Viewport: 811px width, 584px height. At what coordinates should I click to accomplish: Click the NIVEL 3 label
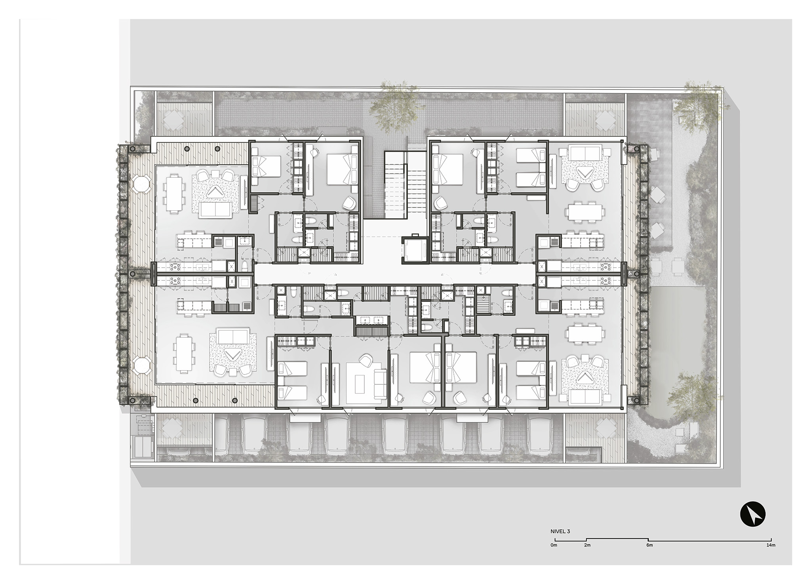pos(560,532)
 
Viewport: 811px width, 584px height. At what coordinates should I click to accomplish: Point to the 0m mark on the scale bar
pos(554,545)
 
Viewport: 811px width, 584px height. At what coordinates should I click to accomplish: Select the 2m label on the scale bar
pos(587,545)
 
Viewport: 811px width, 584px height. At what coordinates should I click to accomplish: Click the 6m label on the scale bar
pos(649,545)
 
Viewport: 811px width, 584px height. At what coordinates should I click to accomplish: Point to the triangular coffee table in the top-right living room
pos(582,173)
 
